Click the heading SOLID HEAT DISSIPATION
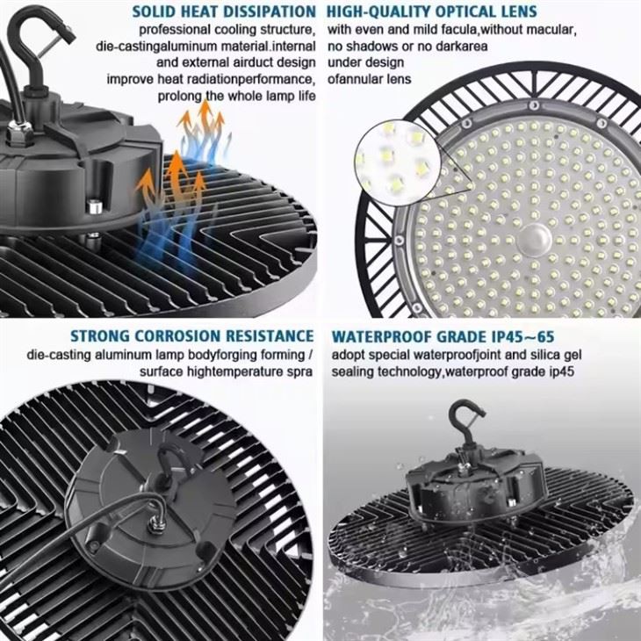(x=223, y=12)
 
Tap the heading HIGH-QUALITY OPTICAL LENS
(x=429, y=12)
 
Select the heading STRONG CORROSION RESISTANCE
(x=191, y=335)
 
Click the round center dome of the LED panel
(x=537, y=237)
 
